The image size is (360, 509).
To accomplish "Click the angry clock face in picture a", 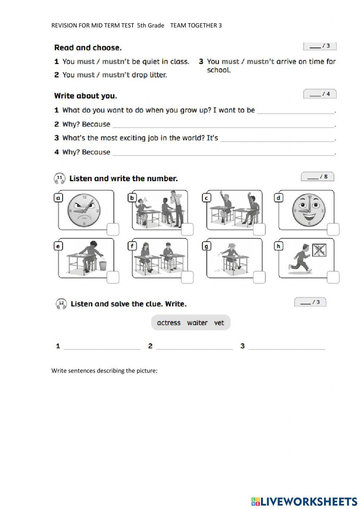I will (x=84, y=210).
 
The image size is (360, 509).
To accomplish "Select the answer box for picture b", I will (x=187, y=229).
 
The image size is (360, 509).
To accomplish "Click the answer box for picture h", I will (x=333, y=277).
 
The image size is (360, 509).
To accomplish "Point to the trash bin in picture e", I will (x=103, y=265).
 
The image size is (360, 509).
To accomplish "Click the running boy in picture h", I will (x=301, y=258).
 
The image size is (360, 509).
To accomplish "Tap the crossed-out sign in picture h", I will (x=319, y=250).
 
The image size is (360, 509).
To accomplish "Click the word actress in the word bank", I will (x=168, y=323).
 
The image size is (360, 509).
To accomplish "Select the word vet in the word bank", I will (x=219, y=323).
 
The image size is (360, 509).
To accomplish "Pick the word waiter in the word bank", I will (x=197, y=323).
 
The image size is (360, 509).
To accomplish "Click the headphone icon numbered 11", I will (x=59, y=178).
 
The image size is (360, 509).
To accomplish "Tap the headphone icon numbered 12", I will (x=61, y=304).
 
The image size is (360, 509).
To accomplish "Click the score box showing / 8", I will (x=318, y=177).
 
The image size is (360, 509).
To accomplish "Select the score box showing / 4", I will (x=320, y=94).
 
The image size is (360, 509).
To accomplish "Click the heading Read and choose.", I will (x=88, y=48).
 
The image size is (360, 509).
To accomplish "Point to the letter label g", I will (x=207, y=246).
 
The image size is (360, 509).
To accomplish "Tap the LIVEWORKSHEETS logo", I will (x=304, y=501).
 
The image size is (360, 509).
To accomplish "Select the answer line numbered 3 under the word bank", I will (x=287, y=347).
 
